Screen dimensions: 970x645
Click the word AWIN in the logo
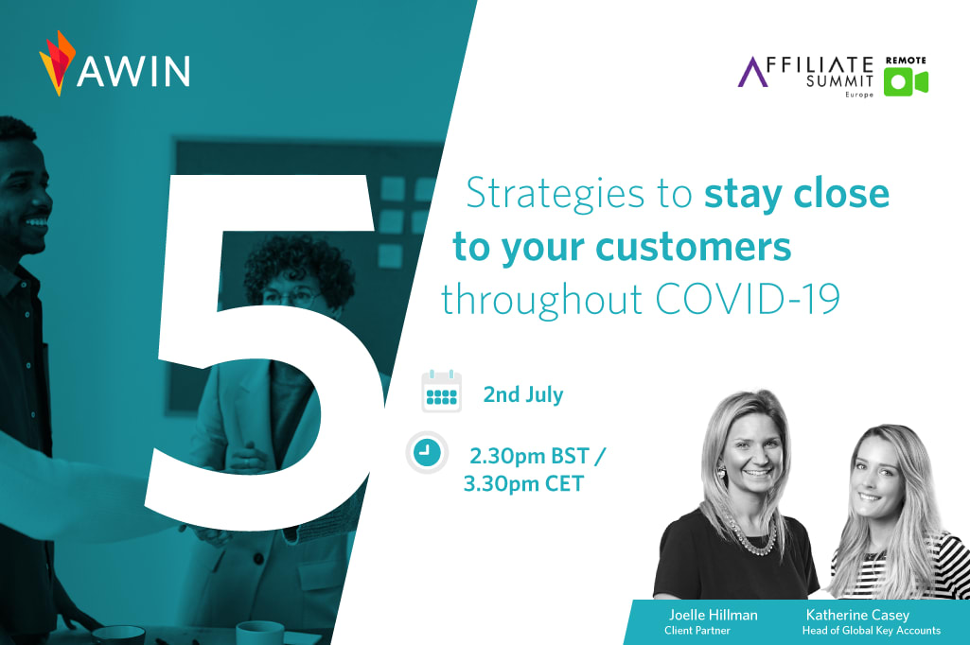[133, 71]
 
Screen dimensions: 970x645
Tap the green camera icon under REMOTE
[906, 82]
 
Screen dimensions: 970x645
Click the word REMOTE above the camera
[906, 60]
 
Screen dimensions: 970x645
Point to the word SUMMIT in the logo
[839, 80]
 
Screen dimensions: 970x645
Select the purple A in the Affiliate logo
[753, 72]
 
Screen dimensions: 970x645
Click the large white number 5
[265, 353]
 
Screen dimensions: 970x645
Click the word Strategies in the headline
[555, 194]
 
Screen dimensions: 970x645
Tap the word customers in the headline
[694, 247]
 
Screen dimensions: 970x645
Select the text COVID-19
[748, 300]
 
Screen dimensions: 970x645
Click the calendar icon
[441, 392]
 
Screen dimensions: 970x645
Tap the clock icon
[427, 453]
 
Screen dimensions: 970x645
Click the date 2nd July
[523, 394]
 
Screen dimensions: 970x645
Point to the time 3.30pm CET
[523, 483]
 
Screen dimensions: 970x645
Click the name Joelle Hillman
[713, 615]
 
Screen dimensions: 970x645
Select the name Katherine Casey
[857, 616]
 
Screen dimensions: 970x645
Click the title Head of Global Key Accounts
[871, 631]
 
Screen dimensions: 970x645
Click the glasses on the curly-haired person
[290, 297]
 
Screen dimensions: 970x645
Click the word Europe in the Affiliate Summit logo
[859, 95]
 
